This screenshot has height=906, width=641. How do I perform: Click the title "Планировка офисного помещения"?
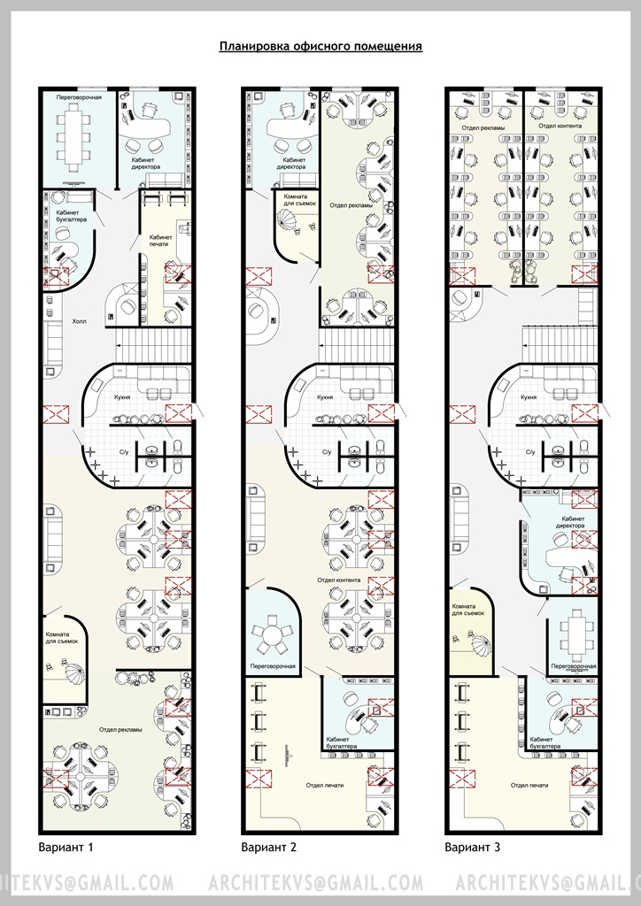320,46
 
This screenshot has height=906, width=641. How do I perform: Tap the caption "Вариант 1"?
66,848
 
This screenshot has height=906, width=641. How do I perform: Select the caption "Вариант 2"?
269,848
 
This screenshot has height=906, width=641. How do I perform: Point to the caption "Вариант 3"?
472,848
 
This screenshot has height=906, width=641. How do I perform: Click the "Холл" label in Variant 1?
79,320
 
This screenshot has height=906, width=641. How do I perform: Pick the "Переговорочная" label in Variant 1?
79,97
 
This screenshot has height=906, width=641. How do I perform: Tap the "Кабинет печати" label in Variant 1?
160,241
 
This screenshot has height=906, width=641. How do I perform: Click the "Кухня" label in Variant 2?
325,397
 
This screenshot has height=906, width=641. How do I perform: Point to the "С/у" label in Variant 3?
529,452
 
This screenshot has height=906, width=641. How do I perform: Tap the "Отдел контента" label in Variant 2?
339,580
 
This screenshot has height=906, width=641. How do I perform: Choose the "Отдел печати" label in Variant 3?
529,786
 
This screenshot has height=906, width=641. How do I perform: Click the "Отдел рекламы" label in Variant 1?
120,730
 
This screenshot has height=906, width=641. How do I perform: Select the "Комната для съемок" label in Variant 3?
467,610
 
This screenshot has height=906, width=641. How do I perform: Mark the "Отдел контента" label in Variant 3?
560,126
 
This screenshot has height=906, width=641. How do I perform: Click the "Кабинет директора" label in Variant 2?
290,164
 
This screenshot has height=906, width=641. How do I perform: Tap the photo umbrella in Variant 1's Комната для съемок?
74,673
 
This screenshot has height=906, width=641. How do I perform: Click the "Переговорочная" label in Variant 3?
574,666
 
